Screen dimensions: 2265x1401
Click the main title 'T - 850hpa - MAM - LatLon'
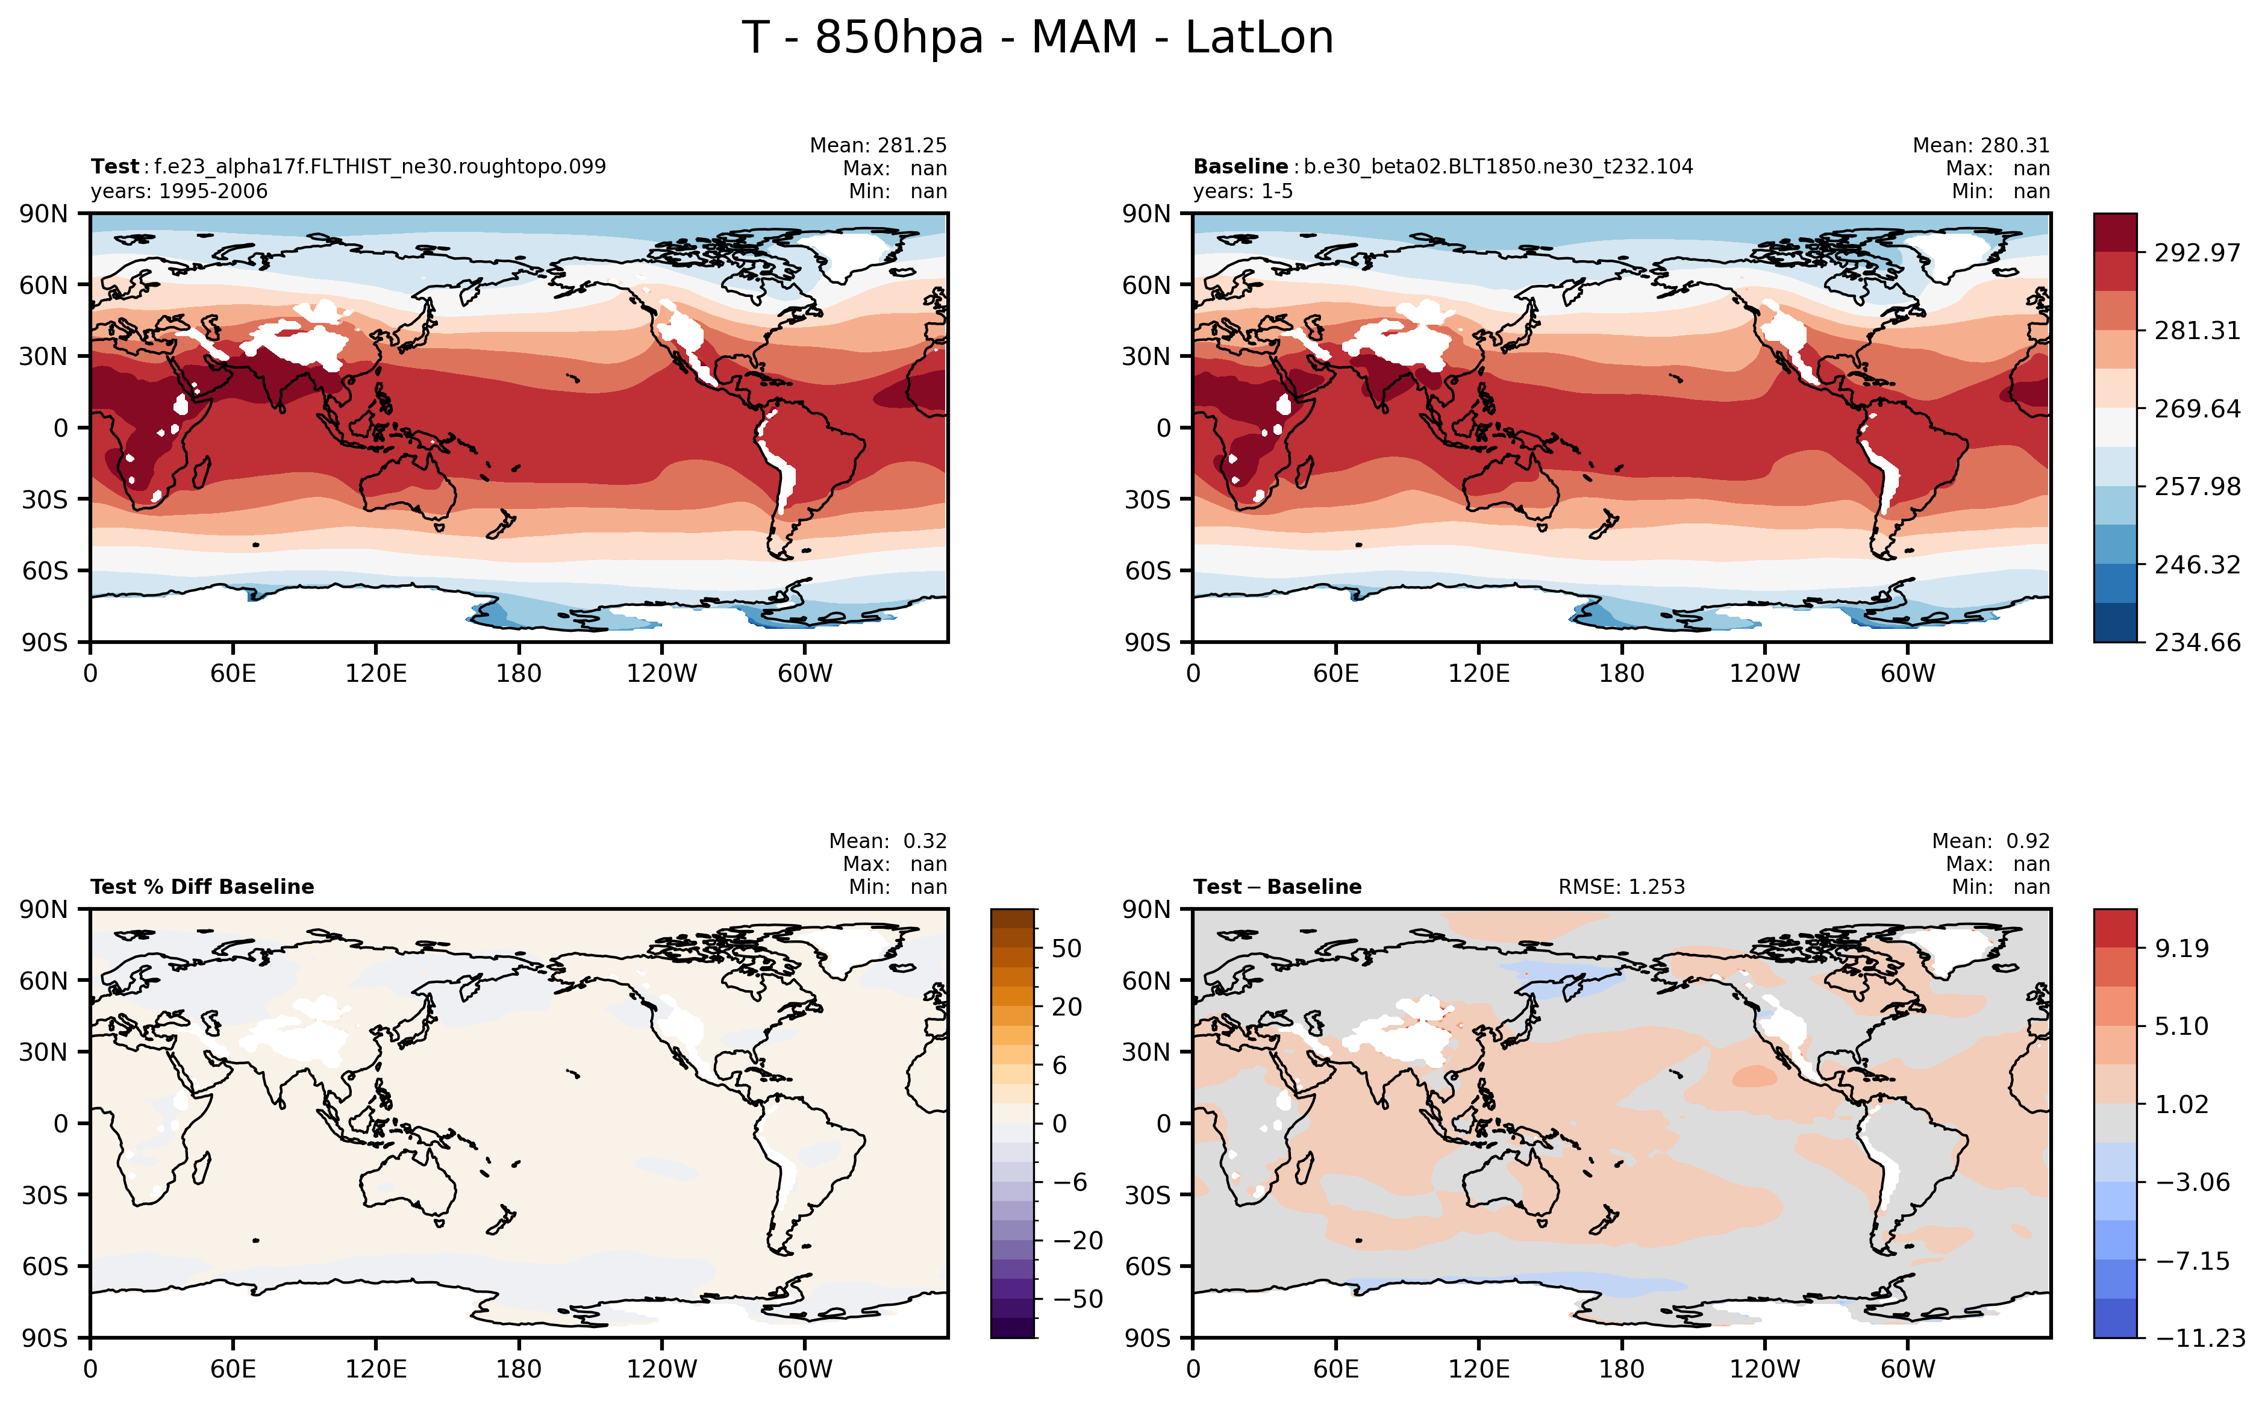tap(1037, 38)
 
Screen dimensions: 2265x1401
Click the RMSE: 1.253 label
tap(1621, 887)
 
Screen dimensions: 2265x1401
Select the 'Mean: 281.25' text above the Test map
tap(878, 146)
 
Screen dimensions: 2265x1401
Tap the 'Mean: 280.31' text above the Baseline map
tap(1981, 146)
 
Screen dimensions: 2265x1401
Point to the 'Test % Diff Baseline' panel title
tap(202, 887)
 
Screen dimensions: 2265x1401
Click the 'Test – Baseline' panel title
tap(1277, 887)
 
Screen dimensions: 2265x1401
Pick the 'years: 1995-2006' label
tap(179, 192)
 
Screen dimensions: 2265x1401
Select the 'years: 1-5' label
tap(1242, 192)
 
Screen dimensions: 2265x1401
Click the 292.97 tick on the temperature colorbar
tap(2196, 253)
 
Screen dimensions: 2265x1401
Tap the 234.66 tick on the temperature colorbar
tap(2196, 642)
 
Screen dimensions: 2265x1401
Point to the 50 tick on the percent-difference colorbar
tap(1066, 948)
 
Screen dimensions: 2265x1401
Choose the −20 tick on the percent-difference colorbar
tap(1078, 1240)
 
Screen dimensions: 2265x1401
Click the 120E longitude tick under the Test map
tap(375, 673)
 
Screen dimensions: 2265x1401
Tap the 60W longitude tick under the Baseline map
tap(1907, 673)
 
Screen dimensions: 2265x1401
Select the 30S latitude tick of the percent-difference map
tap(45, 1195)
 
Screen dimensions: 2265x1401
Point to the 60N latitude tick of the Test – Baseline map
tap(1148, 981)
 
